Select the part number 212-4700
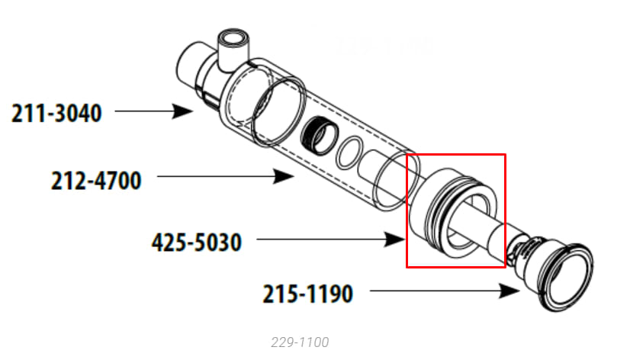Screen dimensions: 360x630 coord(96,182)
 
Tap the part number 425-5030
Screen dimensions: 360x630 coord(197,244)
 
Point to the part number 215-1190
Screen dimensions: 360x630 coord(308,294)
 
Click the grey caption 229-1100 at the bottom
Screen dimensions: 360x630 coord(300,342)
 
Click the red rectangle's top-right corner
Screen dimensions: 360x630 coord(505,155)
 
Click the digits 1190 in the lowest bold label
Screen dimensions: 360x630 coord(329,294)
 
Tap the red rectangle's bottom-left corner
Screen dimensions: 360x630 coord(407,267)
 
